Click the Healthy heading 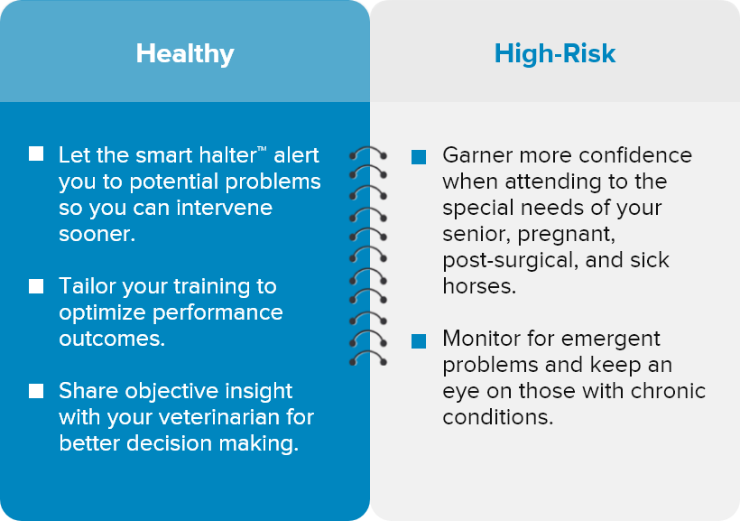tap(185, 54)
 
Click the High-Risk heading tap(554, 53)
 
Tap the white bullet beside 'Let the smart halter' tap(36, 154)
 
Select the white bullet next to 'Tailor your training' tap(36, 286)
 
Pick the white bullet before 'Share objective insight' tap(36, 391)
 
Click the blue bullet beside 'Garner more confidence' tap(419, 157)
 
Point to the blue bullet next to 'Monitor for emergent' tap(419, 341)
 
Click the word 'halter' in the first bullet tap(227, 155)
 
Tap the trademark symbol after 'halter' tap(262, 149)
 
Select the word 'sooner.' tap(97, 234)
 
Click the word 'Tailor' tap(87, 286)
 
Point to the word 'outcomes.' tap(112, 339)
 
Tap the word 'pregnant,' tap(567, 235)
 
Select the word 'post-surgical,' tap(510, 261)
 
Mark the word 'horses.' tap(479, 286)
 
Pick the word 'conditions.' tap(498, 417)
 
